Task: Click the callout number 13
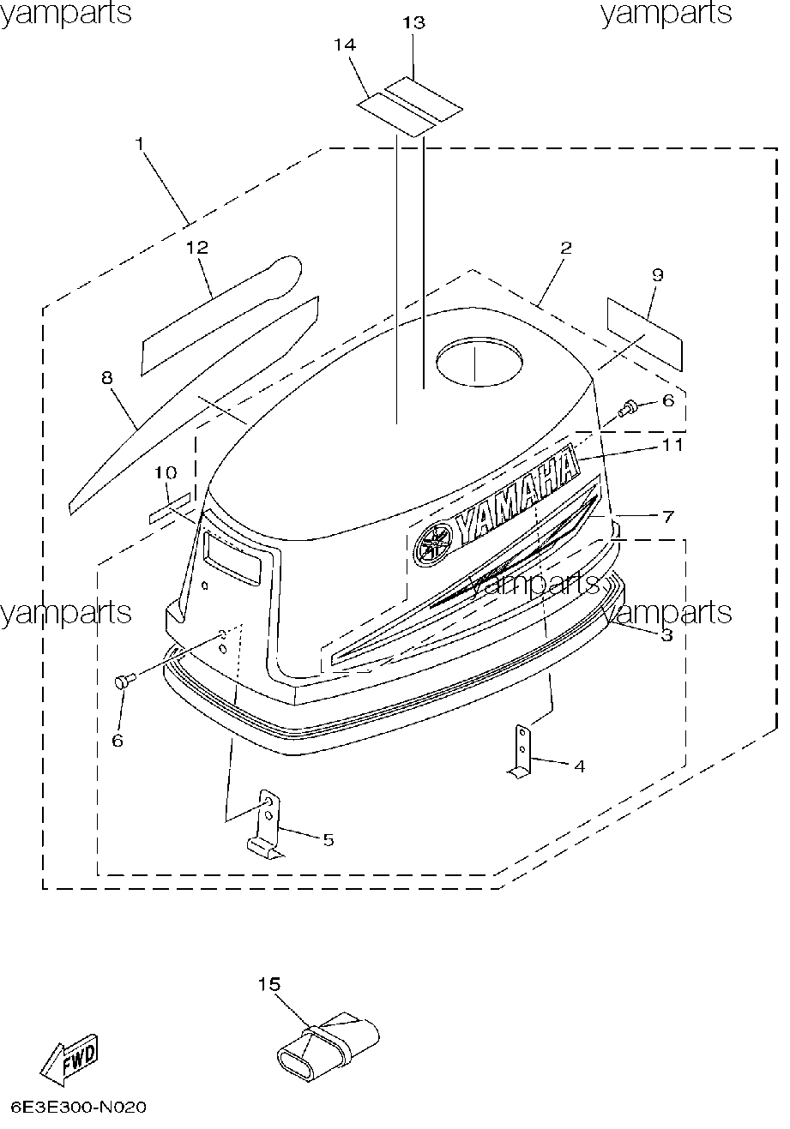(x=413, y=22)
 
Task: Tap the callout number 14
(x=345, y=45)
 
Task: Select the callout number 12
(x=197, y=248)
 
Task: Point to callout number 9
(x=657, y=275)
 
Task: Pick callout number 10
(x=166, y=472)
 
